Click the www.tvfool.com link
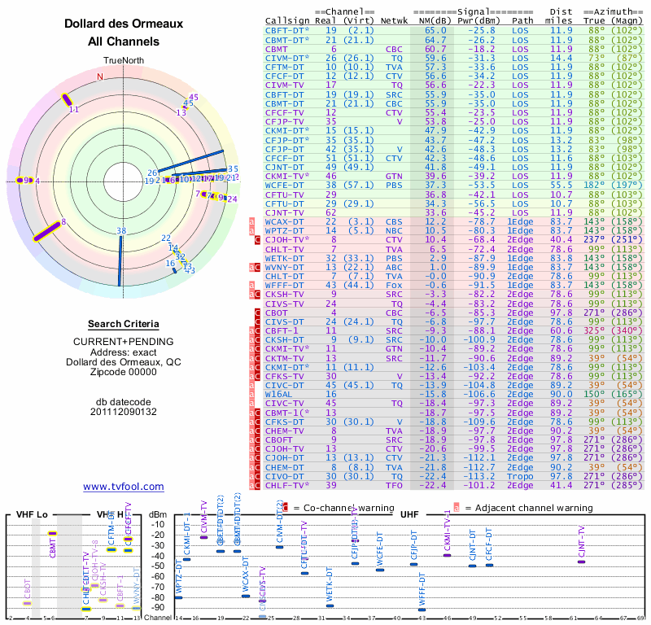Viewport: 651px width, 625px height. (124, 487)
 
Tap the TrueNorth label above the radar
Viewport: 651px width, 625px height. (124, 61)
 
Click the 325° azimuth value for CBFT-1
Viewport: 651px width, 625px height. (596, 330)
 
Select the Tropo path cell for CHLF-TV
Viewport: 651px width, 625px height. (522, 485)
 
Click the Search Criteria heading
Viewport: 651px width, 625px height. (124, 324)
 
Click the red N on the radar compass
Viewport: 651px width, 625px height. (100, 76)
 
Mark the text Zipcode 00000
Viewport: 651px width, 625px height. (124, 373)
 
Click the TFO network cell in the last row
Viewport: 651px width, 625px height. (395, 485)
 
